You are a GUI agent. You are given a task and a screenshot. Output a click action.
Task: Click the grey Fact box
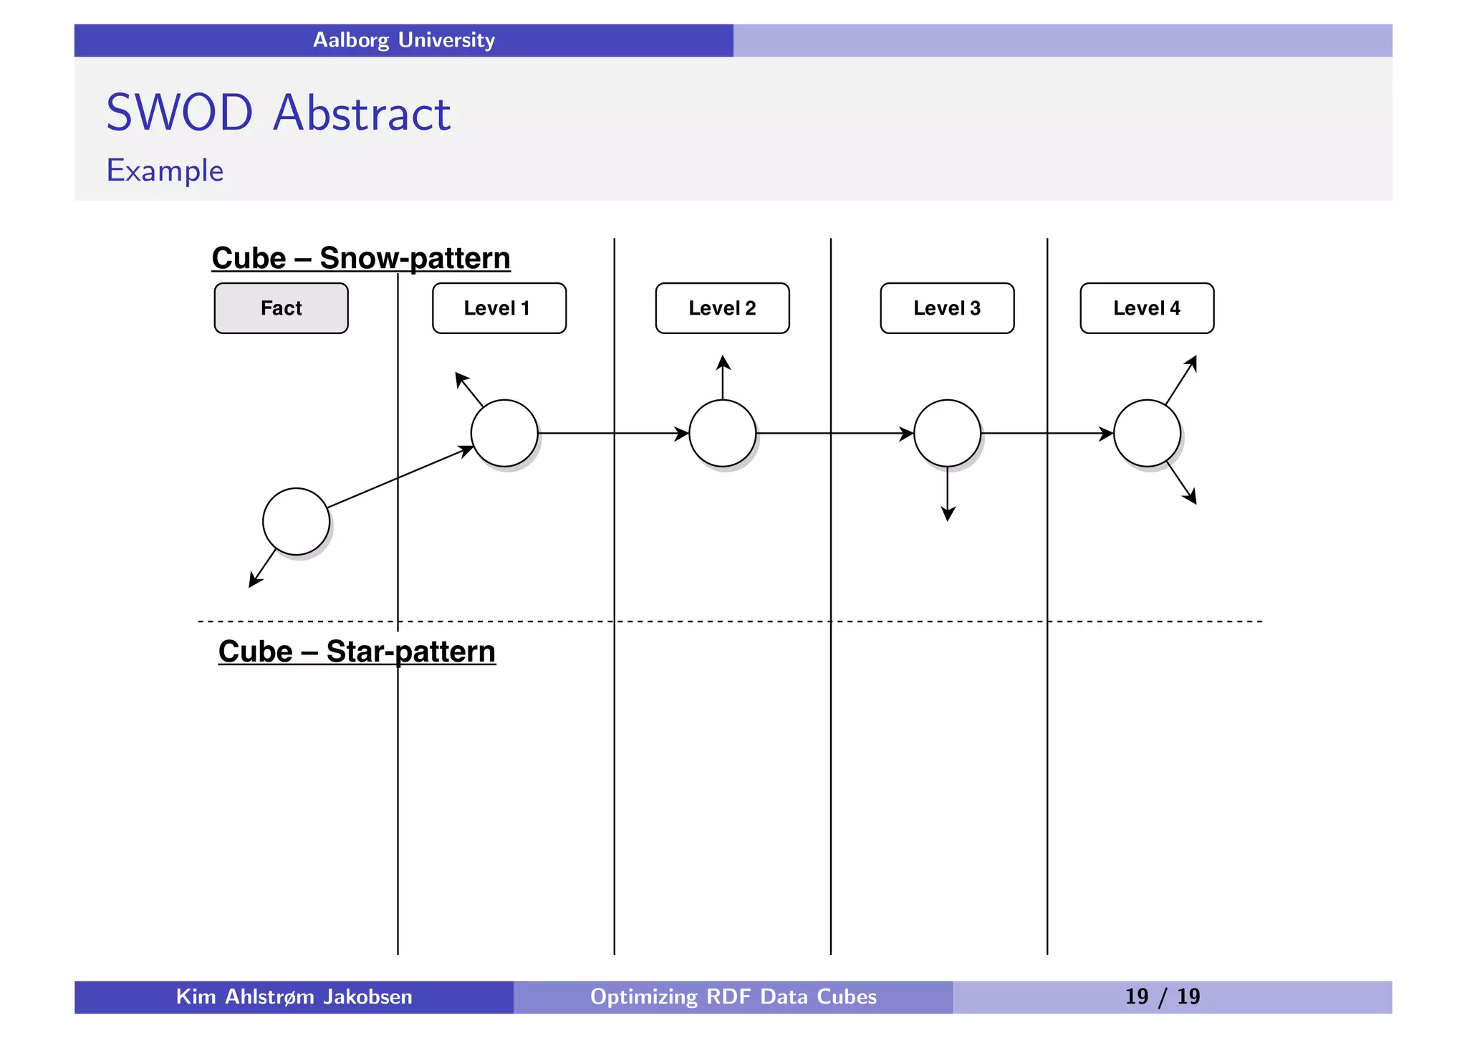[281, 308]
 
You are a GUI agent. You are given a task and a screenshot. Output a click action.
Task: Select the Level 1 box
[499, 308]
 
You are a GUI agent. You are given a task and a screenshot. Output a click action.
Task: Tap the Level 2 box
[722, 308]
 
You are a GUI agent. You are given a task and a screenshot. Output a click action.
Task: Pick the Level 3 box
[947, 308]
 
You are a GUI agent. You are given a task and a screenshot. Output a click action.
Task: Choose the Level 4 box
[1147, 308]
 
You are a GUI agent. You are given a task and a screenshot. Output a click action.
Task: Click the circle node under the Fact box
[296, 521]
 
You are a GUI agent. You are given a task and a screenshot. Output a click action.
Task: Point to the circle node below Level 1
[504, 433]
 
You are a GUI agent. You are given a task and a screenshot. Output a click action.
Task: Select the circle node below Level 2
[722, 433]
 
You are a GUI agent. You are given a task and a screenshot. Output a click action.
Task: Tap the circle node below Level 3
[947, 433]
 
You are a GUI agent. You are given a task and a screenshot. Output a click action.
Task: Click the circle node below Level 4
[1147, 433]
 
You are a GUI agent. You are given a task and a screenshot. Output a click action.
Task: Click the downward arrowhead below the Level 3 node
[948, 514]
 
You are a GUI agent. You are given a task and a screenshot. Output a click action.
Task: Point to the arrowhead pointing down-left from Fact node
[254, 581]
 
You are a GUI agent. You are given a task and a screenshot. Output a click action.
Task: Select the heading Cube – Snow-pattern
[361, 258]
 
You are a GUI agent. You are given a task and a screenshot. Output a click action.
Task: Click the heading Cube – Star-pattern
[357, 652]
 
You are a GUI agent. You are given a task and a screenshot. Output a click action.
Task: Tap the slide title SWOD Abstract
[278, 113]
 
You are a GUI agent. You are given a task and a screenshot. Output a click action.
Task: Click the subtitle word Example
[165, 171]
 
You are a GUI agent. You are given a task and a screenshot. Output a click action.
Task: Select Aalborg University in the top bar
[404, 40]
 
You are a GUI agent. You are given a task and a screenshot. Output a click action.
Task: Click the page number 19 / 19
[1162, 996]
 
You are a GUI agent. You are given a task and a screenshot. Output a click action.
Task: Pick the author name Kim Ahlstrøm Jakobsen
[294, 996]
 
